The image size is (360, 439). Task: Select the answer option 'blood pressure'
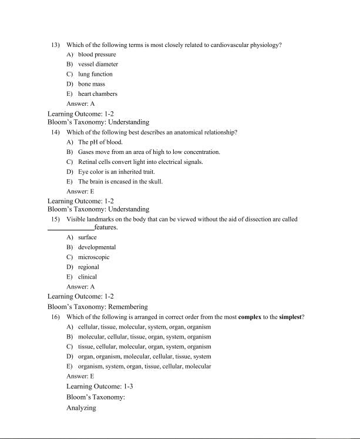pos(97,55)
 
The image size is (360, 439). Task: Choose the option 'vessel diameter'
pos(98,64)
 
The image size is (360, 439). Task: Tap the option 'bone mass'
pos(92,84)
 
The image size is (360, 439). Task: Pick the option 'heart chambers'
pos(97,93)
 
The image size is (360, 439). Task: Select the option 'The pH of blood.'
pos(100,142)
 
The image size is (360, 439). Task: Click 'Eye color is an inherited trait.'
pos(116,172)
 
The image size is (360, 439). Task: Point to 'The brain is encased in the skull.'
pos(120,182)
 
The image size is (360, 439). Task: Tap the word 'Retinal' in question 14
pos(88,162)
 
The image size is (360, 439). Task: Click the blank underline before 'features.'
pos(70,228)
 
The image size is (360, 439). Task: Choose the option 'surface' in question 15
pos(88,237)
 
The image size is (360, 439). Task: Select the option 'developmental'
pos(97,247)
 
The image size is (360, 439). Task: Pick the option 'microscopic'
pos(94,257)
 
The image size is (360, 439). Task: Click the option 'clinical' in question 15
pos(88,277)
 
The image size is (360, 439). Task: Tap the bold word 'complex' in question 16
pos(250,317)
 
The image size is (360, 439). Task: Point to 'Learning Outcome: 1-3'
pos(100,387)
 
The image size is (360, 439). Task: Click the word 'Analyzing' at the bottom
pos(81,408)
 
